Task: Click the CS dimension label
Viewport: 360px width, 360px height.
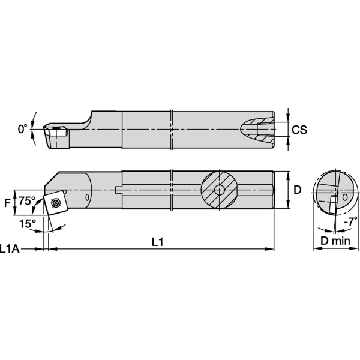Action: (x=299, y=129)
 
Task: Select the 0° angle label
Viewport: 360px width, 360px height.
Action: (x=23, y=128)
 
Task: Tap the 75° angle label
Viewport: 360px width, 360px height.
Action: (x=27, y=200)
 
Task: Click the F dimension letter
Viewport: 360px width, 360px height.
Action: (x=7, y=203)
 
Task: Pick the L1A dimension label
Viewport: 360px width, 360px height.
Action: (x=11, y=248)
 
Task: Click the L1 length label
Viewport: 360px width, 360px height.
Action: (x=158, y=242)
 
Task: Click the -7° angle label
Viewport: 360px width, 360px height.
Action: (x=349, y=221)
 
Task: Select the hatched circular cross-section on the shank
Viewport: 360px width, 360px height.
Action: (x=218, y=190)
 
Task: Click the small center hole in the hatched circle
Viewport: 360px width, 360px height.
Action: (x=218, y=190)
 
